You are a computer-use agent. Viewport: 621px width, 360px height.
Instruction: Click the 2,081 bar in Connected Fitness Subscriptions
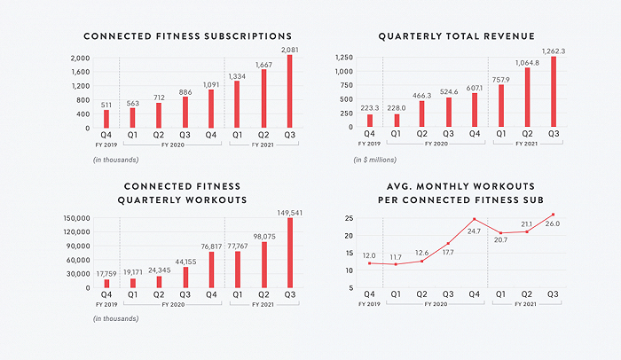coord(290,91)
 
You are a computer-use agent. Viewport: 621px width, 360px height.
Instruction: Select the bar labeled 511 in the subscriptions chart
coord(106,119)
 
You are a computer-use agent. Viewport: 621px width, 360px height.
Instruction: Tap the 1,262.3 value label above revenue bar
coord(554,51)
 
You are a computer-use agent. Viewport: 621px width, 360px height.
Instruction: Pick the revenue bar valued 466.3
coord(421,113)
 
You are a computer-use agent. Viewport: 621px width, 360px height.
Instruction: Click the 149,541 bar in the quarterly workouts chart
coord(290,253)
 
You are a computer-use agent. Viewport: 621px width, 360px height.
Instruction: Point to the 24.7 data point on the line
coord(474,219)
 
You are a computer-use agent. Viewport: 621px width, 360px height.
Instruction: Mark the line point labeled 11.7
coord(396,264)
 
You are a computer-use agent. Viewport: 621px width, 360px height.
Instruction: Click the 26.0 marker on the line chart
coord(553,215)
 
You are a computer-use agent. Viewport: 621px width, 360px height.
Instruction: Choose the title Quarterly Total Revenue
coord(456,36)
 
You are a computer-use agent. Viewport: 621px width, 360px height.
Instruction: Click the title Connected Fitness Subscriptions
coord(188,36)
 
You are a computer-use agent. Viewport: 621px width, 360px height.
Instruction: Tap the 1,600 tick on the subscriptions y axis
coord(81,72)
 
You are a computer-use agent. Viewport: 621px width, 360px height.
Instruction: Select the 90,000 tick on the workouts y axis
coord(78,246)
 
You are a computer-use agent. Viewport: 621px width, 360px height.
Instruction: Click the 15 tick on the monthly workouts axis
coord(349,253)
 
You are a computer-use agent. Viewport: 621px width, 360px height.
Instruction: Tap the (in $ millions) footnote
coord(374,160)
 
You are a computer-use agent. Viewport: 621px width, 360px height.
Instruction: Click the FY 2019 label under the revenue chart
coord(369,144)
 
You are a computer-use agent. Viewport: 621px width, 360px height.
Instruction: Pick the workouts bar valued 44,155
coord(185,278)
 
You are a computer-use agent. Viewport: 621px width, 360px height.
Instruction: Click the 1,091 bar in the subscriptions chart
coord(211,108)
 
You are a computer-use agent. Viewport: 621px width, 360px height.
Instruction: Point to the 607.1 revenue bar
coord(475,110)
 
